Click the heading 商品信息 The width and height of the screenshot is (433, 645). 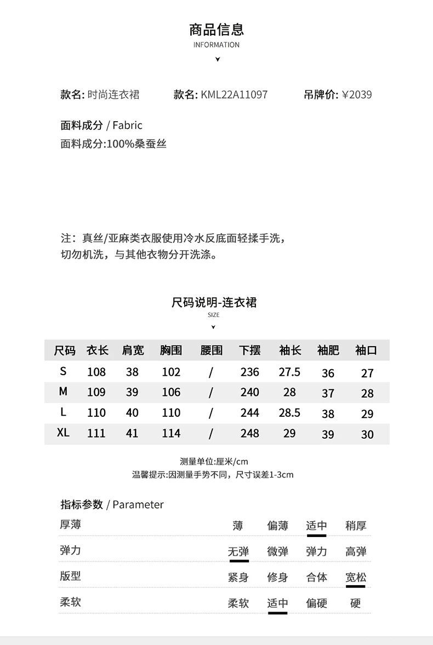tap(216, 29)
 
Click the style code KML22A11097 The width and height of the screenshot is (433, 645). tap(234, 94)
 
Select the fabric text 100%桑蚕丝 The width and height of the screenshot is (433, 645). tap(137, 144)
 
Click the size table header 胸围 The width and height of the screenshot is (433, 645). tap(171, 350)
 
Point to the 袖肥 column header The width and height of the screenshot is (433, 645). tap(328, 350)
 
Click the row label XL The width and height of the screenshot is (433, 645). tap(63, 433)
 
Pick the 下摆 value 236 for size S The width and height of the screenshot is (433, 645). tap(249, 372)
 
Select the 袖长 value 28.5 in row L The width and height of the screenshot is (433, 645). tap(289, 412)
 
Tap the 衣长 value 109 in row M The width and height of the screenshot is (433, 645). tap(96, 392)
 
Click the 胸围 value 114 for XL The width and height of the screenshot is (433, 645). tap(171, 433)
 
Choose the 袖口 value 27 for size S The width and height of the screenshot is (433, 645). tap(367, 374)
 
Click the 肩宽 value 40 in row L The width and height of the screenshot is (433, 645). tap(132, 412)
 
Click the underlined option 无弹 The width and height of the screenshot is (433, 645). tap(238, 552)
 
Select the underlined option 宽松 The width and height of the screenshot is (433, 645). tap(356, 577)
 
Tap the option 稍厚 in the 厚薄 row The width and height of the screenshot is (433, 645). tap(356, 526)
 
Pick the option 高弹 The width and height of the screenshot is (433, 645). tap(356, 552)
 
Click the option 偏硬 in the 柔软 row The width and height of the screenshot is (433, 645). tap(316, 603)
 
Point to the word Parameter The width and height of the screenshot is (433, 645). tap(138, 505)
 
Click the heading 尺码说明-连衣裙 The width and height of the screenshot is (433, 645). tap(214, 302)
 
